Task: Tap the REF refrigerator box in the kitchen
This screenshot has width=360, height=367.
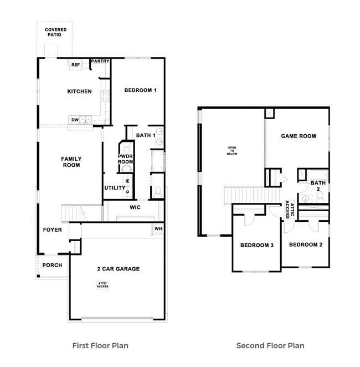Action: pyautogui.click(x=76, y=65)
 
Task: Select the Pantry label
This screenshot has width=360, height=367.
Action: pyautogui.click(x=100, y=61)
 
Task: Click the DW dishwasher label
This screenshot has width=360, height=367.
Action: pyautogui.click(x=74, y=119)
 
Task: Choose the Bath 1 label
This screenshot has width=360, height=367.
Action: pyautogui.click(x=143, y=135)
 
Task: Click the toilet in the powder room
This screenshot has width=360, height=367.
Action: pyautogui.click(x=126, y=148)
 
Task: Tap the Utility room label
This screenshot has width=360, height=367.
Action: pyautogui.click(x=115, y=188)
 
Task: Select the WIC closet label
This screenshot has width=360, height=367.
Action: pyautogui.click(x=135, y=207)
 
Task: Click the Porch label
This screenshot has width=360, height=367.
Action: pyautogui.click(x=52, y=265)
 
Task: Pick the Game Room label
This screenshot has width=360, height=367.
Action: pyautogui.click(x=298, y=136)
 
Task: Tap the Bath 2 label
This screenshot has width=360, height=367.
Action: pyautogui.click(x=317, y=186)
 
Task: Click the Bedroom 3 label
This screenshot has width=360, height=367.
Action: pyautogui.click(x=257, y=245)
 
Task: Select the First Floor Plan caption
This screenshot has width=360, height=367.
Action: pyautogui.click(x=100, y=345)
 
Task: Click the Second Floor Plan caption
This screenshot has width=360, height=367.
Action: pyautogui.click(x=270, y=345)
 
